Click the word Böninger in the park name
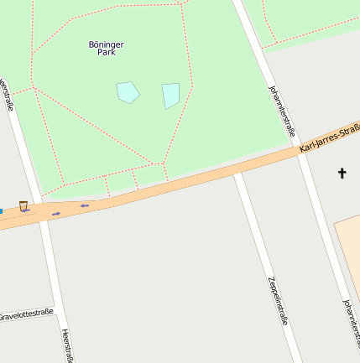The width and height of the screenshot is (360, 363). pyautogui.click(x=106, y=44)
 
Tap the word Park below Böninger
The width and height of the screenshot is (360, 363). pyautogui.click(x=106, y=52)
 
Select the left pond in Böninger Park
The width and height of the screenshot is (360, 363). pyautogui.click(x=128, y=91)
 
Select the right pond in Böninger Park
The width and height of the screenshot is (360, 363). pyautogui.click(x=170, y=95)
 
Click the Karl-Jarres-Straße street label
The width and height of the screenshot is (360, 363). pyautogui.click(x=330, y=138)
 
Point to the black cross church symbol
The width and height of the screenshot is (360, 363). pyautogui.click(x=342, y=174)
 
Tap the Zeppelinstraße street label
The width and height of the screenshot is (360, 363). pyautogui.click(x=279, y=299)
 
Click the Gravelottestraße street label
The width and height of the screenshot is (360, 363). pyautogui.click(x=25, y=316)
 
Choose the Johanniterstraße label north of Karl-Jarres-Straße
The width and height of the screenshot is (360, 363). pyautogui.click(x=281, y=110)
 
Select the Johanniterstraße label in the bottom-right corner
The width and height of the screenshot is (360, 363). pyautogui.click(x=351, y=324)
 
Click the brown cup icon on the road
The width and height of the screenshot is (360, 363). pyautogui.click(x=23, y=205)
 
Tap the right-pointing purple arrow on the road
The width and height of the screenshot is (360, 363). pyautogui.click(x=56, y=214)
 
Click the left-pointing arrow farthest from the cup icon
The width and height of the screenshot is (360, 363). pyautogui.click(x=85, y=205)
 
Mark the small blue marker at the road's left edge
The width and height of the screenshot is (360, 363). pyautogui.click(x=1, y=210)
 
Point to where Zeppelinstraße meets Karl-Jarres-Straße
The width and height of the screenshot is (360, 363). pyautogui.click(x=238, y=172)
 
